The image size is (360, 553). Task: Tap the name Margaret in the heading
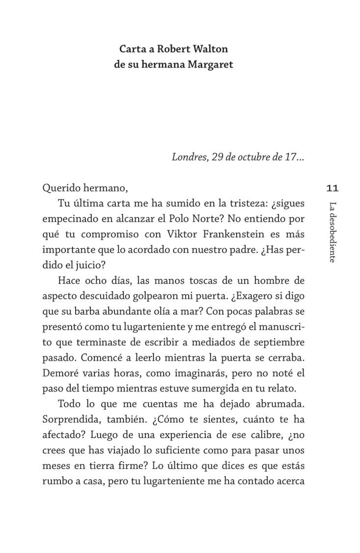[210, 64]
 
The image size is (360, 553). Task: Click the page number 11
[332, 188]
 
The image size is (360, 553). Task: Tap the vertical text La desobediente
[332, 232]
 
